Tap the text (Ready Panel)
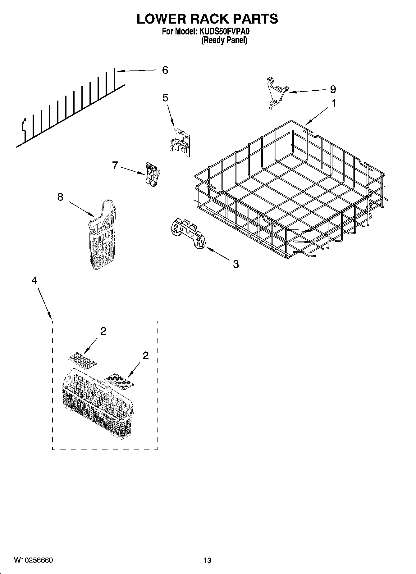click(x=224, y=40)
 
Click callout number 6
click(x=165, y=70)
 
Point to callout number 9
click(x=333, y=89)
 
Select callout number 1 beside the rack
click(x=333, y=103)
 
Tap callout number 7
click(x=115, y=165)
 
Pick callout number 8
click(x=60, y=197)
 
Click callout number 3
click(x=236, y=264)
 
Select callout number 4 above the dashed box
click(x=34, y=280)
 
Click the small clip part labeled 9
click(x=276, y=93)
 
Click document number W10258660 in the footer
click(x=34, y=560)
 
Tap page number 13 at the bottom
click(x=207, y=560)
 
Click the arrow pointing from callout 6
click(x=137, y=71)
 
